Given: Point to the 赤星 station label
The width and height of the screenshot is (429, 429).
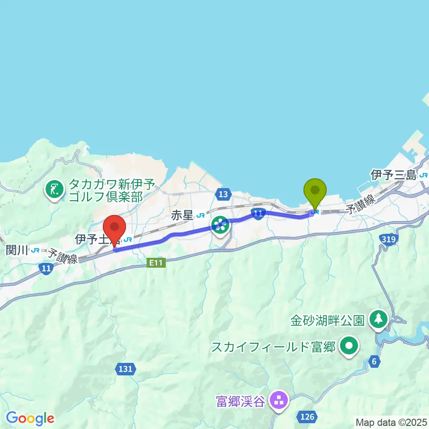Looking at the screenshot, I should (x=182, y=216).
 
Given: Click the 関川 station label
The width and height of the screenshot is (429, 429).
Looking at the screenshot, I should (x=17, y=250).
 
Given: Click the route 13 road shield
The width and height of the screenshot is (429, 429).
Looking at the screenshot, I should (x=223, y=194).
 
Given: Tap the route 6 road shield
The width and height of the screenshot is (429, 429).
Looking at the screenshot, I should (x=374, y=361).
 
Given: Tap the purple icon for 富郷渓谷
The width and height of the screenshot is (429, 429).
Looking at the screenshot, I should (x=279, y=400).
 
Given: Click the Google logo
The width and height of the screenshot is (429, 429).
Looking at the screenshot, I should (x=30, y=418).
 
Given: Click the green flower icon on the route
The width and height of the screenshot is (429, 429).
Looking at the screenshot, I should (x=220, y=225).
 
